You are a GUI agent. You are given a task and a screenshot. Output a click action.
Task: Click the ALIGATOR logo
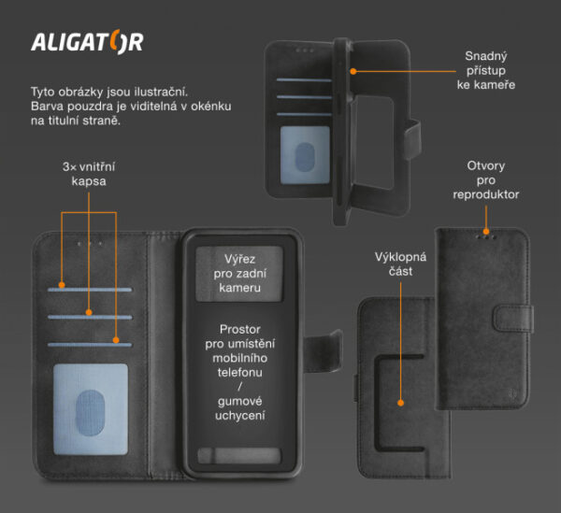[87, 43]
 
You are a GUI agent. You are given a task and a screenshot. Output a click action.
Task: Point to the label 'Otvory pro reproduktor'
[485, 180]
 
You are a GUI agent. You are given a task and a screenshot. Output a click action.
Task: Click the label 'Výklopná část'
[400, 264]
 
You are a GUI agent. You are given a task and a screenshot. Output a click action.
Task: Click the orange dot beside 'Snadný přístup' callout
[353, 69]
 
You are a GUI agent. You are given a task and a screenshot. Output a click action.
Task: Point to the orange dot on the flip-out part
[400, 403]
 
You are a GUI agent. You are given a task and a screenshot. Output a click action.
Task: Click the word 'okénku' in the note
[210, 107]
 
